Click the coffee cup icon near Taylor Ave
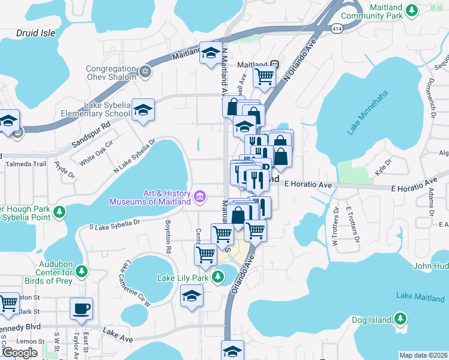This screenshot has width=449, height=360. [x=81, y=309]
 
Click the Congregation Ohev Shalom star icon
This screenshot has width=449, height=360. [x=144, y=72]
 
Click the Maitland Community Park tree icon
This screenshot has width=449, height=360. [x=411, y=10]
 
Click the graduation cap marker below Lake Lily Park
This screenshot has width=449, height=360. [x=191, y=296]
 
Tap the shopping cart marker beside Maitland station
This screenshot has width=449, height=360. [x=264, y=76]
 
